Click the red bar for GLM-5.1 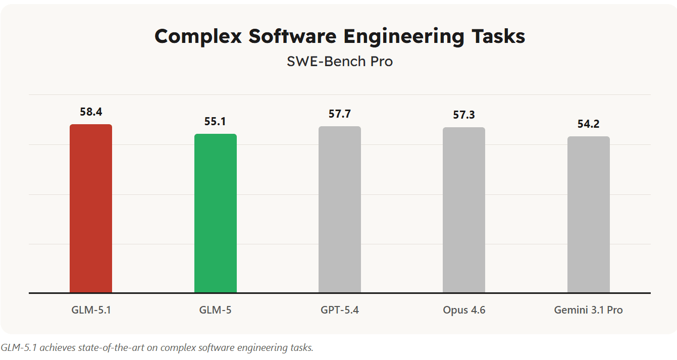(x=91, y=208)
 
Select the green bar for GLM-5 (x=216, y=213)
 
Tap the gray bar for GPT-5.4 (x=340, y=209)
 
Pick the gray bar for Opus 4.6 (x=464, y=210)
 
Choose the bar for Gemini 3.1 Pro (x=589, y=214)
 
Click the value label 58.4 (x=91, y=112)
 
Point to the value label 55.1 (x=216, y=122)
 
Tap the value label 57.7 (x=340, y=114)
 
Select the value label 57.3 (x=464, y=115)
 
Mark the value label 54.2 (x=589, y=124)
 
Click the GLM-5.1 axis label (x=91, y=310)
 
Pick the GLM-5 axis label (x=216, y=310)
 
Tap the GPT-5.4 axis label (x=340, y=310)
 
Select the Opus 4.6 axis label (x=464, y=310)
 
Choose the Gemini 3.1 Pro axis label (x=589, y=310)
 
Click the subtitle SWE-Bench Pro (x=340, y=62)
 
